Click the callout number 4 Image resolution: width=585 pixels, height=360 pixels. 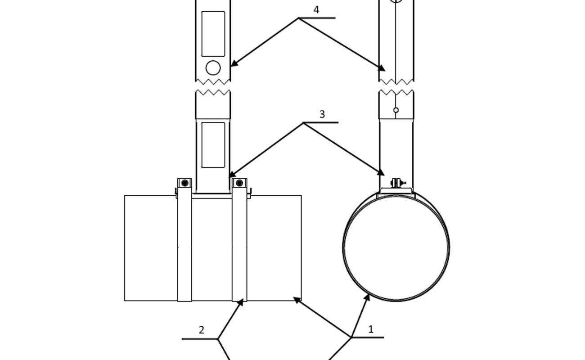pyautogui.click(x=316, y=10)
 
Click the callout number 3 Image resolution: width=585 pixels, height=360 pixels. pyautogui.click(x=322, y=114)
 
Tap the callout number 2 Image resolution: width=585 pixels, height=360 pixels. pyautogui.click(x=201, y=330)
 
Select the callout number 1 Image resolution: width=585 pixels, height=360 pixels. pyautogui.click(x=371, y=329)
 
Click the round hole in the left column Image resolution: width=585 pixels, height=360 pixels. pyautogui.click(x=213, y=68)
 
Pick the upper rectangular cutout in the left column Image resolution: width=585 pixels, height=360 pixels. pyautogui.click(x=213, y=34)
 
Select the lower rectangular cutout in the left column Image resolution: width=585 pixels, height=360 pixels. pyautogui.click(x=213, y=145)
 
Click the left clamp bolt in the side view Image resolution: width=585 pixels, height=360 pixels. pyautogui.click(x=184, y=183)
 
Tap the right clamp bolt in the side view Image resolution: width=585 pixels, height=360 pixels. pyautogui.click(x=239, y=183)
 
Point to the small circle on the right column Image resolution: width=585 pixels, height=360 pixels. pyautogui.click(x=396, y=110)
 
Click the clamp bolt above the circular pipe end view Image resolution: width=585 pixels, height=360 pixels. pyautogui.click(x=398, y=183)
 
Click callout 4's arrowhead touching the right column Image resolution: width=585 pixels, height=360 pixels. pyautogui.click(x=382, y=68)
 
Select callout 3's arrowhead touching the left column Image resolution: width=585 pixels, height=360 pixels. pyautogui.click(x=233, y=174)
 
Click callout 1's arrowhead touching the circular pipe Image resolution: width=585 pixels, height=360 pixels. pyautogui.click(x=367, y=297)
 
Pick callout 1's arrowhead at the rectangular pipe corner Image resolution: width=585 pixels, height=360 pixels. pyautogui.click(x=297, y=300)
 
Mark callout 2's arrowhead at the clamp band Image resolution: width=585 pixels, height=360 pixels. pyautogui.click(x=241, y=302)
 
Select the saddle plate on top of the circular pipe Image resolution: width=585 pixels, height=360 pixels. pyautogui.click(x=396, y=191)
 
